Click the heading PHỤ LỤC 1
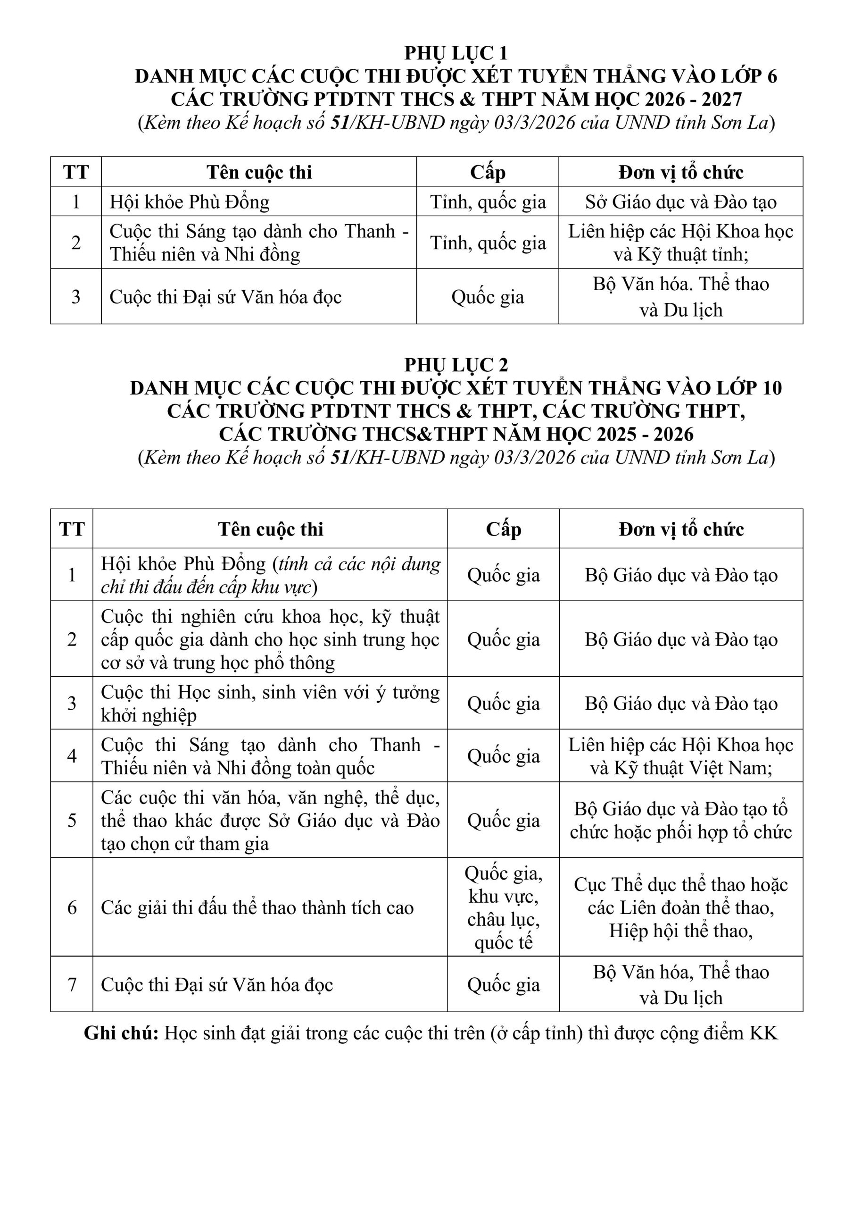click(455, 53)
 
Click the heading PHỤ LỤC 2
click(455, 365)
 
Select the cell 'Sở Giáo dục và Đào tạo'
click(680, 202)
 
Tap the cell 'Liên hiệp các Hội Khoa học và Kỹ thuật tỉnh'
click(680, 243)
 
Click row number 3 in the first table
click(76, 297)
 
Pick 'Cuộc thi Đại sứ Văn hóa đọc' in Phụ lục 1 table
click(225, 297)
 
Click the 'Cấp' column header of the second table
click(503, 529)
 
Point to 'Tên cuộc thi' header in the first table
click(259, 172)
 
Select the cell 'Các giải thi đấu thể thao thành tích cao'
click(257, 907)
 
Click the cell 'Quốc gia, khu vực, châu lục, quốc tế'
click(503, 907)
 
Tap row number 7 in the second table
click(72, 984)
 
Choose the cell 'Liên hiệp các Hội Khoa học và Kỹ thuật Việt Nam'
click(680, 756)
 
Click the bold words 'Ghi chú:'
click(122, 1033)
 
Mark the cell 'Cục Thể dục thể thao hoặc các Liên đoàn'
click(680, 907)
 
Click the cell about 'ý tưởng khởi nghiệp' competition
click(270, 704)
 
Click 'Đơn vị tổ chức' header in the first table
click(680, 172)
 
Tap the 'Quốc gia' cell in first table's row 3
click(488, 297)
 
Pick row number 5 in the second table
click(72, 820)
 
